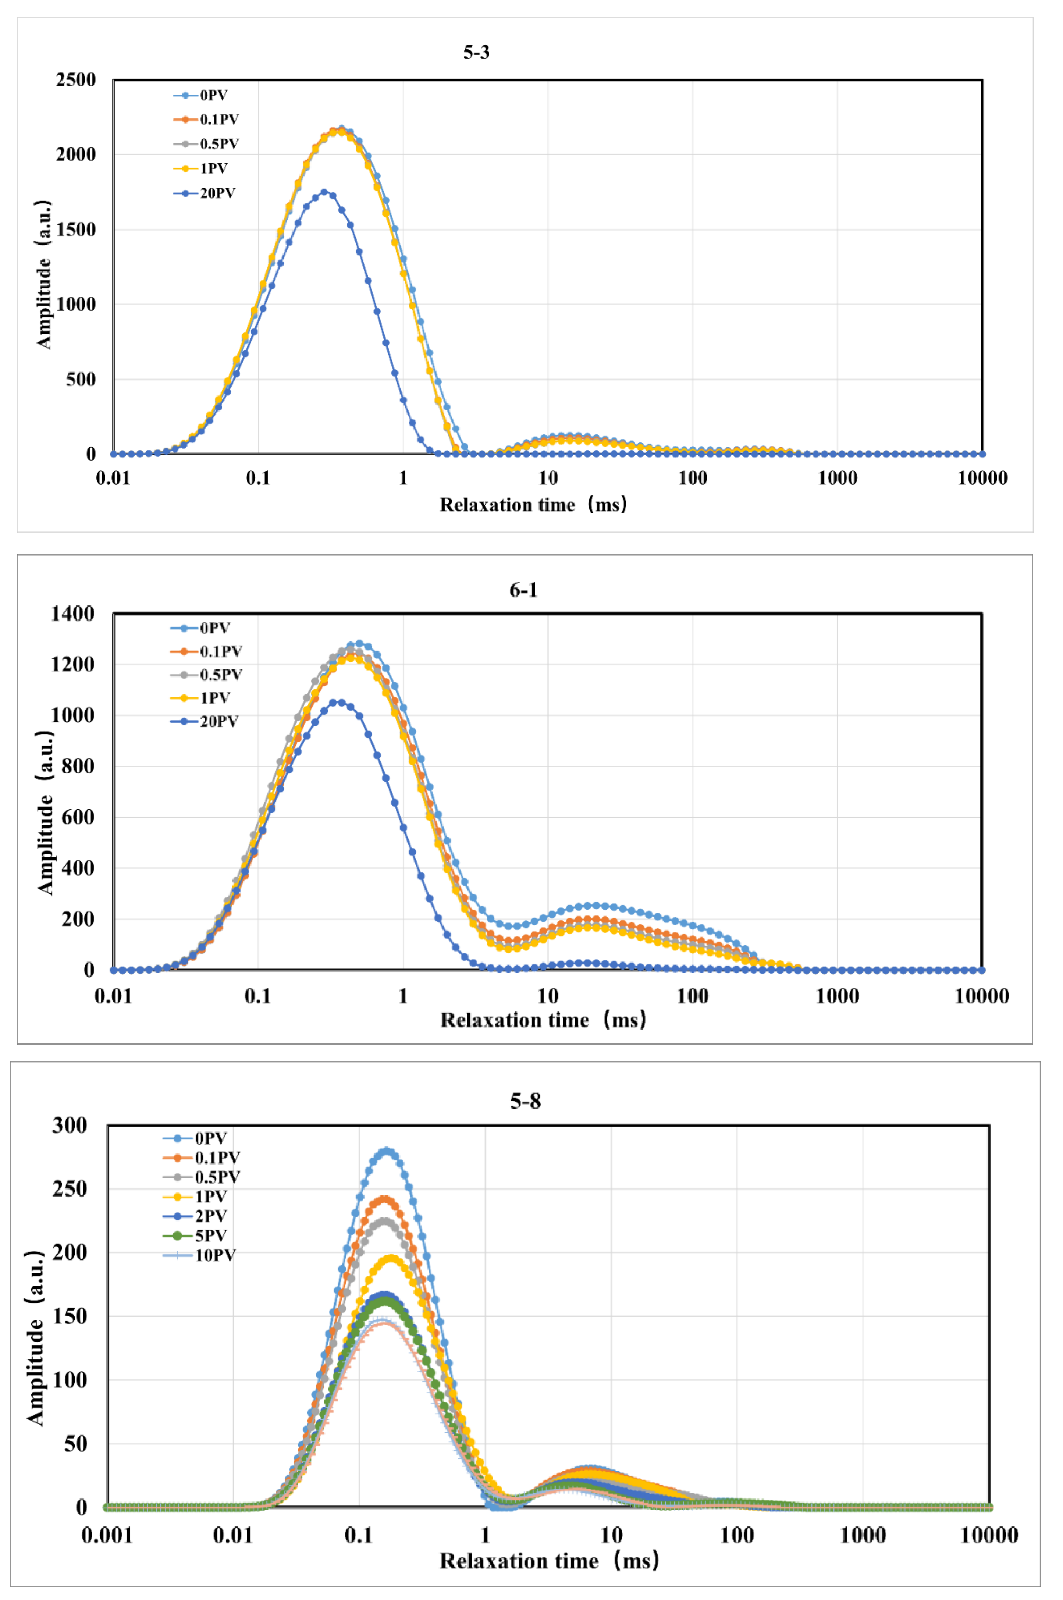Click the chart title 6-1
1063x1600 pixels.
click(523, 590)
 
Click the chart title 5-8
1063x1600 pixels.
click(525, 1101)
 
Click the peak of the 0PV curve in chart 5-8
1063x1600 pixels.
click(387, 1151)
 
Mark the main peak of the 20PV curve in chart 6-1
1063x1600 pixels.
click(337, 703)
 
